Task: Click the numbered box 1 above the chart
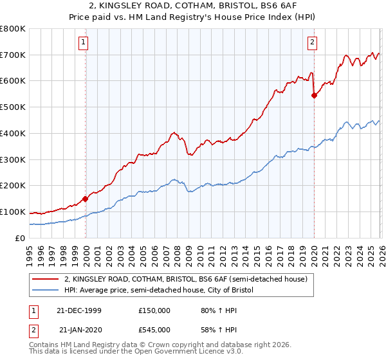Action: pyautogui.click(x=84, y=43)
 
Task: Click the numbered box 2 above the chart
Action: pyautogui.click(x=312, y=43)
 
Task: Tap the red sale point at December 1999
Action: pyautogui.click(x=85, y=199)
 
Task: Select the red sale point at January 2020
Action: pyautogui.click(x=314, y=95)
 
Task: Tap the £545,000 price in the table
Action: pyautogui.click(x=156, y=330)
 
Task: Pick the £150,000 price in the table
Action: pyautogui.click(x=156, y=310)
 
